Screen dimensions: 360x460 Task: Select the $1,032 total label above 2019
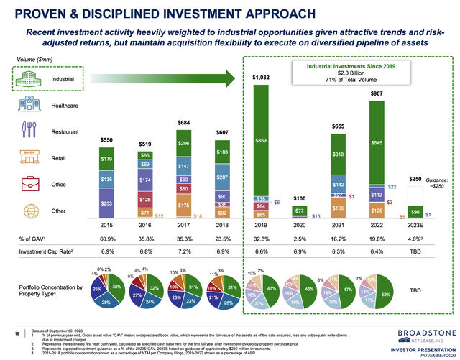pos(260,77)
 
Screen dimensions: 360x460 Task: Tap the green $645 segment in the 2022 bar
pos(376,144)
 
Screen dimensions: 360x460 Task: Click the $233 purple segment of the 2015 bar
pos(106,204)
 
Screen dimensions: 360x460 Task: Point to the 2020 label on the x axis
pos(299,224)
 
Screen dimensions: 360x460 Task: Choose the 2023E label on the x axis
pos(415,224)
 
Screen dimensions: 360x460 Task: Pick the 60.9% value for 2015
pos(106,239)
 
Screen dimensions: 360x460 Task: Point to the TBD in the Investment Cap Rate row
pos(415,253)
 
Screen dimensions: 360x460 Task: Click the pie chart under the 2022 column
pos(376,293)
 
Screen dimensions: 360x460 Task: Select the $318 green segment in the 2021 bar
pos(337,154)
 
